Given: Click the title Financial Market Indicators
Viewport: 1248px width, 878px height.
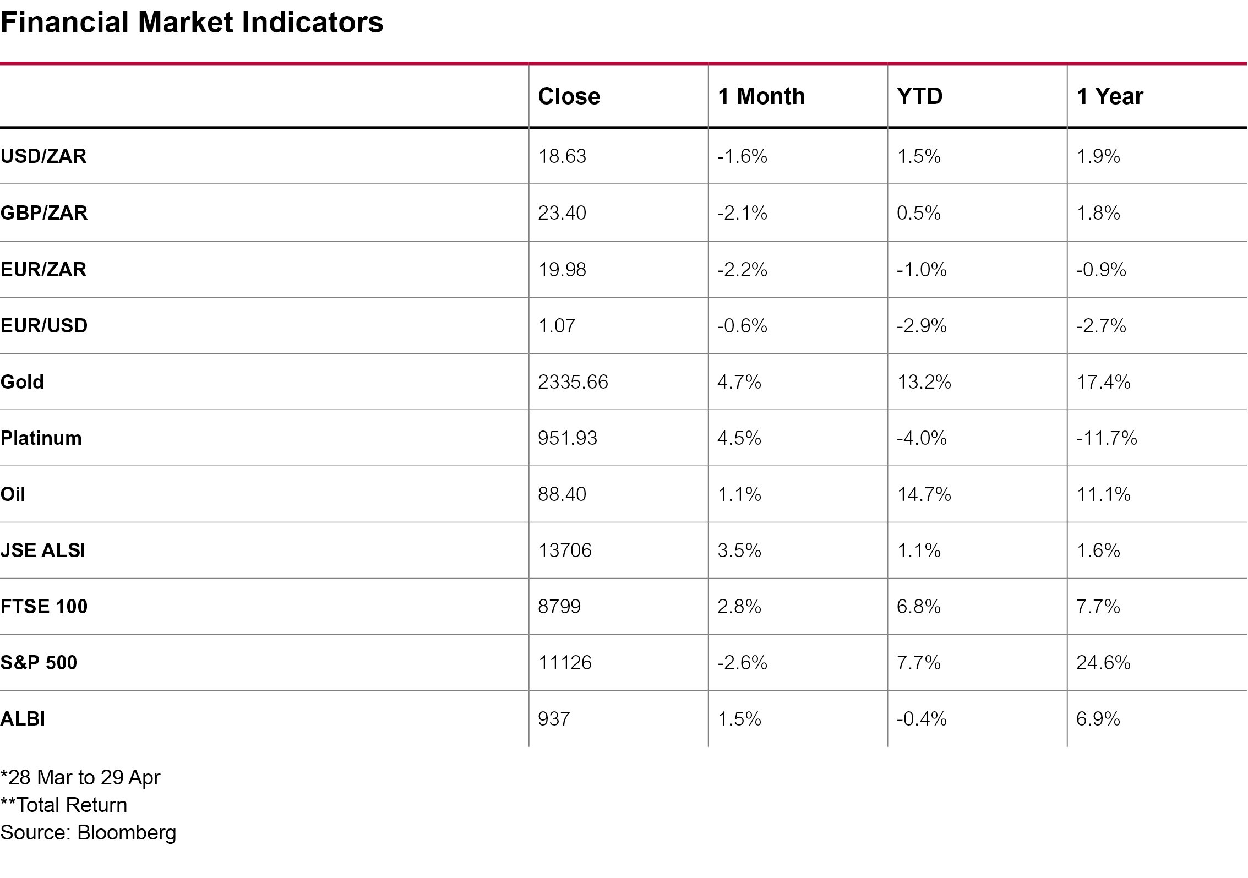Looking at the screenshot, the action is click(192, 23).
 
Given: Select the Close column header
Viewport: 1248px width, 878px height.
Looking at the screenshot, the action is click(569, 96).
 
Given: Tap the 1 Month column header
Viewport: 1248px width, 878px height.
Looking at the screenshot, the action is click(761, 96).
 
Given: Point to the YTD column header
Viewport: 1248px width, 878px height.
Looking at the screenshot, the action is click(919, 96).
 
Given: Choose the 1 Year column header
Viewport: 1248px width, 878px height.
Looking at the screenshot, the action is click(1110, 96).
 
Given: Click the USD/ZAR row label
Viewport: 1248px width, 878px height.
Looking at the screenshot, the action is click(43, 156).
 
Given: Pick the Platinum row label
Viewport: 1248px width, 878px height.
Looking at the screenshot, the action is click(41, 438).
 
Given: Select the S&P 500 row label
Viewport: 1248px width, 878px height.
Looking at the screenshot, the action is click(39, 662).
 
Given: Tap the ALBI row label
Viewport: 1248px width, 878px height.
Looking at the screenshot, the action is click(23, 719).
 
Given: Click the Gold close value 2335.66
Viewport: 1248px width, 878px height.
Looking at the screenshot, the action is click(573, 382).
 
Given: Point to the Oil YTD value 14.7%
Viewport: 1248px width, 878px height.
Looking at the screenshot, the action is click(924, 494).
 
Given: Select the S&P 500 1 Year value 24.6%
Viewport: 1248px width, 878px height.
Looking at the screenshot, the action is click(1103, 662).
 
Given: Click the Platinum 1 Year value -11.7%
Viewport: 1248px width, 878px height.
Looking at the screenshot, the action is click(1107, 438).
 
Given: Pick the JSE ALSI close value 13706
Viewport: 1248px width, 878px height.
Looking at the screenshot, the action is click(565, 550).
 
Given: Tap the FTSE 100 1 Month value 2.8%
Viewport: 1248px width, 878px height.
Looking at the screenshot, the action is click(739, 607).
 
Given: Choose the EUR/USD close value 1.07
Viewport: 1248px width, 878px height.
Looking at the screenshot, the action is click(557, 326).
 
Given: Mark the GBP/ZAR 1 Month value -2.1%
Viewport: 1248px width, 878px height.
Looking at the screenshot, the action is click(742, 213).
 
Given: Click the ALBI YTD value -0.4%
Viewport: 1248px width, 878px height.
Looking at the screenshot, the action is click(922, 719).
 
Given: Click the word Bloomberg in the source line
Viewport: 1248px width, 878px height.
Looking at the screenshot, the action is click(127, 833).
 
